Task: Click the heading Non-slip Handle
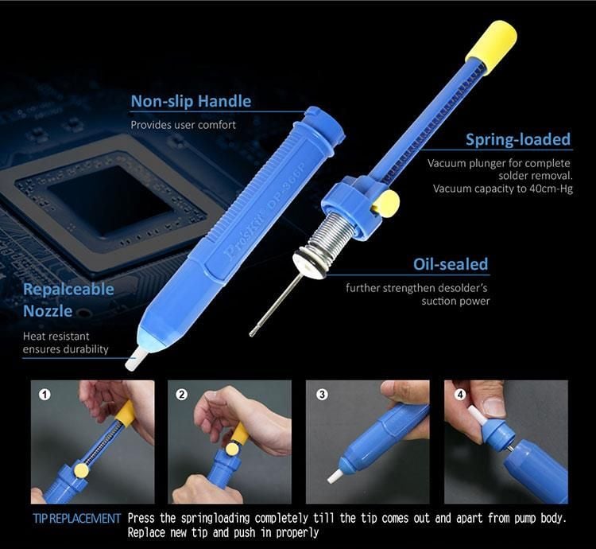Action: tap(191, 101)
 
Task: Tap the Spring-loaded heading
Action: tap(518, 139)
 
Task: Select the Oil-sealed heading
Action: tap(451, 264)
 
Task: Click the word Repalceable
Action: tap(68, 289)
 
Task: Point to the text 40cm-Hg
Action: tap(551, 189)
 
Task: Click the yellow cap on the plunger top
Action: tap(491, 48)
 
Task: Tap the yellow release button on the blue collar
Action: tap(385, 204)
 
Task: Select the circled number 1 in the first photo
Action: tap(45, 394)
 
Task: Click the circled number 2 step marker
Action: tap(182, 394)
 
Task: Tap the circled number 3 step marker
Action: tap(322, 394)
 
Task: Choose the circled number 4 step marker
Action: tap(460, 394)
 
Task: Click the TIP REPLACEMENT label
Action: tap(76, 518)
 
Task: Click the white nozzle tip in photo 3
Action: tap(335, 476)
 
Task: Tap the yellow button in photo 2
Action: tap(232, 449)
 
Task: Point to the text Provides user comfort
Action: tap(183, 125)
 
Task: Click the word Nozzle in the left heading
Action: tap(48, 311)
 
